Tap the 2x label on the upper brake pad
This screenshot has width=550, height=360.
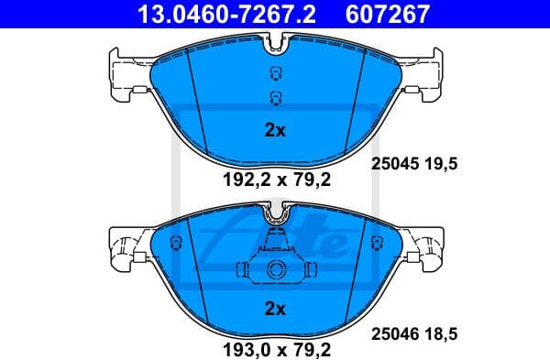[275, 130]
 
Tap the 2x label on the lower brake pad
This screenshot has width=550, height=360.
[275, 307]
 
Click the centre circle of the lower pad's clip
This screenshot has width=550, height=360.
[275, 270]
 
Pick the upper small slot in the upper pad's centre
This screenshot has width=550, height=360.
[275, 76]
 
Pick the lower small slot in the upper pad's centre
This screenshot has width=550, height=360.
[275, 98]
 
